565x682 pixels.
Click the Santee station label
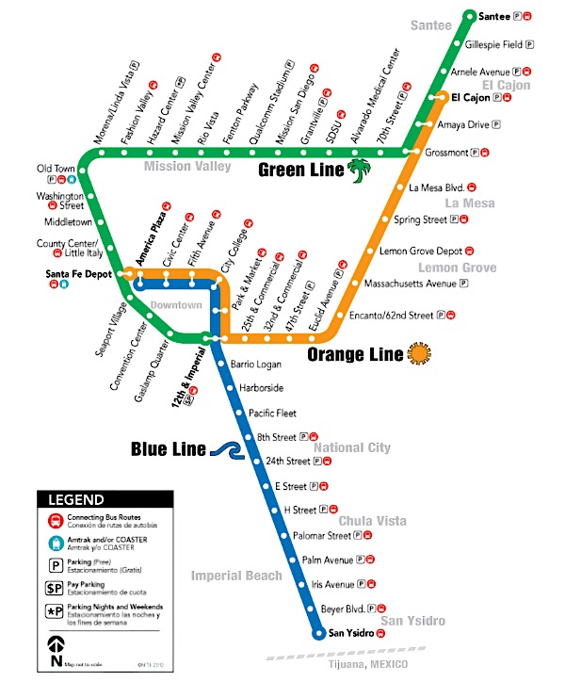[493, 16]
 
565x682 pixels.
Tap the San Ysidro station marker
[319, 634]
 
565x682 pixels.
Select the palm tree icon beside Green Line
[359, 170]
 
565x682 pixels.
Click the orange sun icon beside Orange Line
[419, 353]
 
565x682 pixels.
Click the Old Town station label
[56, 169]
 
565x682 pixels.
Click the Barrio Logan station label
[257, 364]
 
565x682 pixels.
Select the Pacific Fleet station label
[272, 413]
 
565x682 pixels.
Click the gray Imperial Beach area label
[236, 576]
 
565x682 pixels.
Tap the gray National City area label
[351, 447]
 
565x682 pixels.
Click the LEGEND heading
[76, 500]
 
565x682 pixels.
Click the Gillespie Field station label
[494, 44]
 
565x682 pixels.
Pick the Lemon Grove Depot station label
[420, 252]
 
